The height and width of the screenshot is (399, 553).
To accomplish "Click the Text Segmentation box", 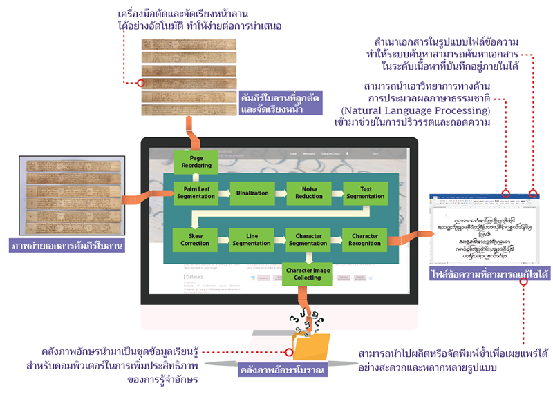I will (x=362, y=193).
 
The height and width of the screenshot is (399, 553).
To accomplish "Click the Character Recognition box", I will (x=362, y=240).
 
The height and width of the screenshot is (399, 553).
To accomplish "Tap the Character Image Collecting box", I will (x=305, y=273).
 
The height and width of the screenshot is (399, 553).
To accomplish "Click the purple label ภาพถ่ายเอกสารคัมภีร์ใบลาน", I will (x=66, y=246).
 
